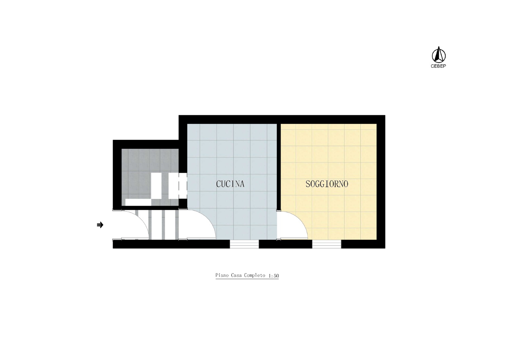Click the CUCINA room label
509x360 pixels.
(230, 184)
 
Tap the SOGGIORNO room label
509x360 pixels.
(327, 184)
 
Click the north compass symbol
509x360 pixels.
(438, 55)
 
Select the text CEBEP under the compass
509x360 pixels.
(438, 66)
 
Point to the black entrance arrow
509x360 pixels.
(100, 225)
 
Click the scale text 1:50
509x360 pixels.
(274, 276)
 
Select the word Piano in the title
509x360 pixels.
(222, 275)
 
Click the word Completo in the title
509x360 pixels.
(254, 275)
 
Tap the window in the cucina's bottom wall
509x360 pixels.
(244, 244)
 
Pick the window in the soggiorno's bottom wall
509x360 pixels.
(326, 244)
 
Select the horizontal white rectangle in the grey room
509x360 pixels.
(138, 202)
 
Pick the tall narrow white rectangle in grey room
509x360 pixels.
(156, 186)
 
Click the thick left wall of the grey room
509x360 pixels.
(117, 175)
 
